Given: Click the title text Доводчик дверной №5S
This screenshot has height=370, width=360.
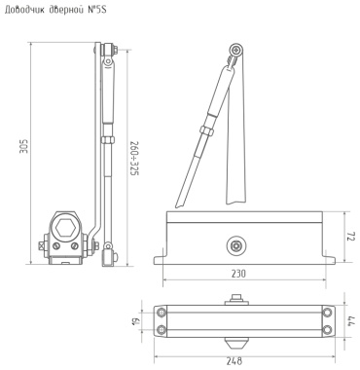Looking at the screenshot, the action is point(55,10).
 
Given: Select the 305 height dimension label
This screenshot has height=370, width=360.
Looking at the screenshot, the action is point(24,146).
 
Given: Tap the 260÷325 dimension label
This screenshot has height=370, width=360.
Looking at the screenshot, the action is point(134,158).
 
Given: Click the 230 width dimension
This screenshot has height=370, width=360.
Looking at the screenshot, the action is point(238,274).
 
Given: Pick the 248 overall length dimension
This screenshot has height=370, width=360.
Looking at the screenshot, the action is point(234,361).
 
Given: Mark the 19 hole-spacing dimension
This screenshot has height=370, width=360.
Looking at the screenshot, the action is point(136,321).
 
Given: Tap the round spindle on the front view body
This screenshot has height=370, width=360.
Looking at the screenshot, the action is point(235,246).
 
